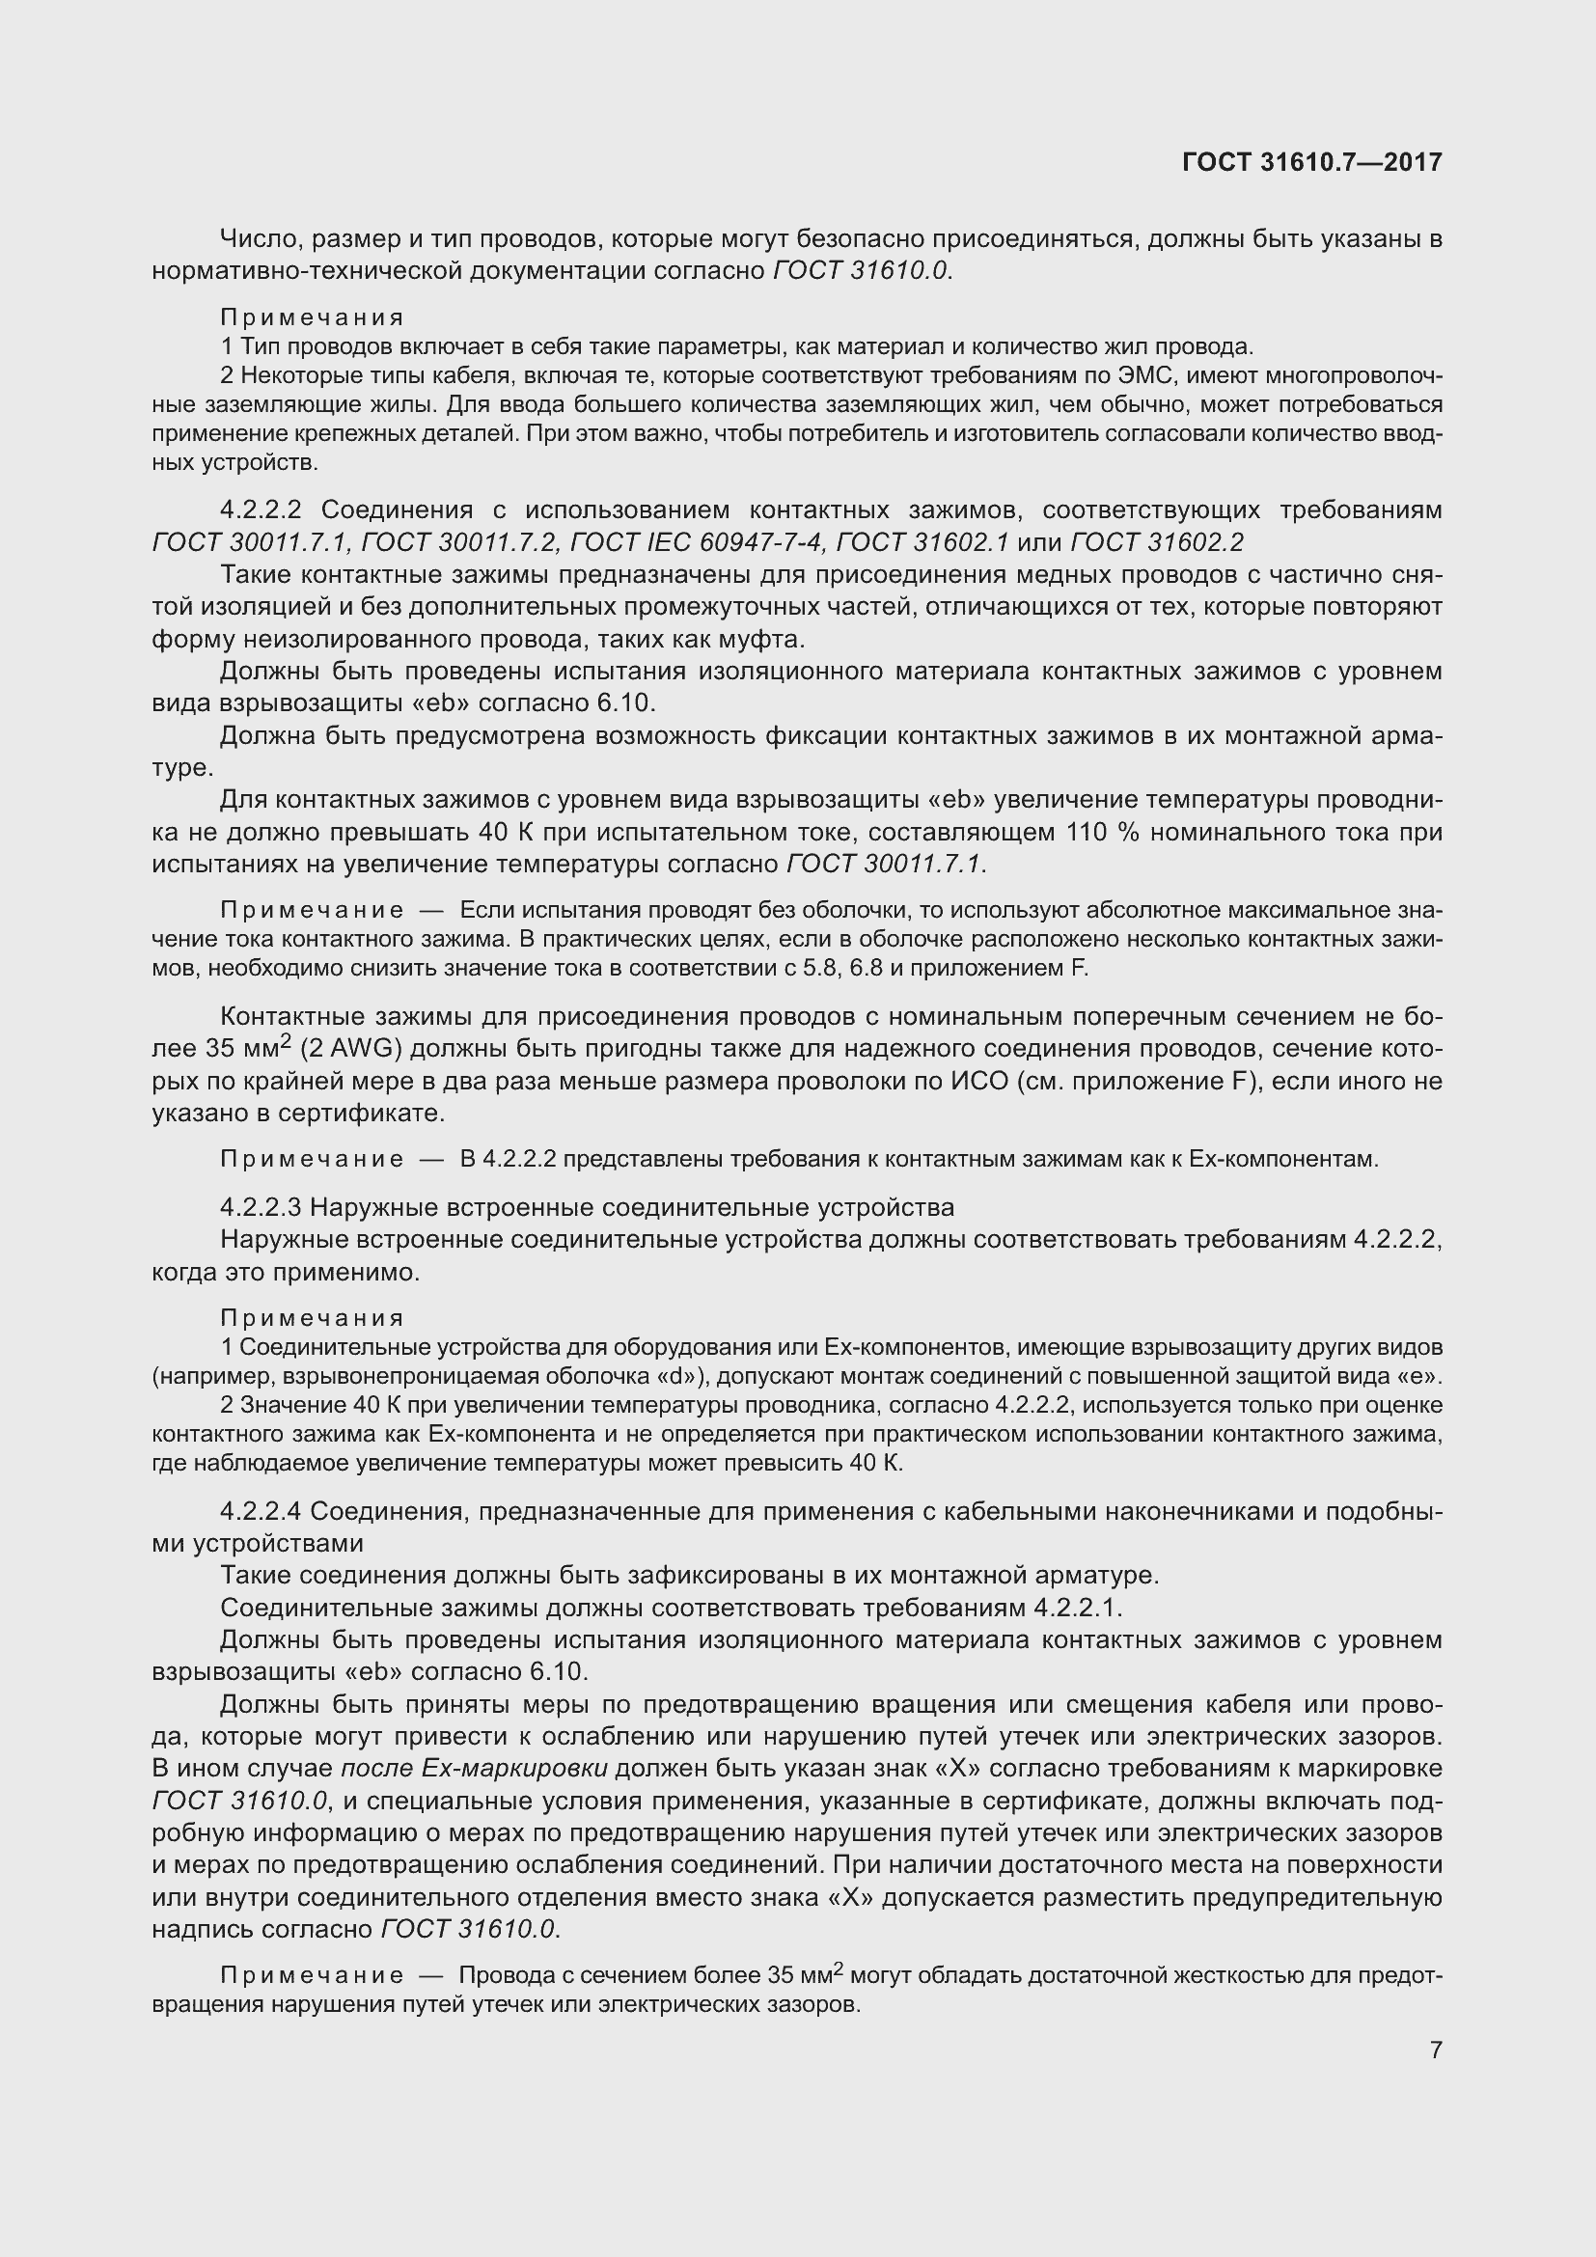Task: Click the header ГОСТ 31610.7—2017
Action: [x=1312, y=162]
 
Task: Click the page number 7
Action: [x=1436, y=2050]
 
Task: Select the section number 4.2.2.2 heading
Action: [x=260, y=510]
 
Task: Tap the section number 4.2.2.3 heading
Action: [x=260, y=1206]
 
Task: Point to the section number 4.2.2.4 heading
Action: [x=260, y=1511]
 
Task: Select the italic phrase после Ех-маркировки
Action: [x=474, y=1769]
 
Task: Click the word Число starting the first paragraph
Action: [x=254, y=239]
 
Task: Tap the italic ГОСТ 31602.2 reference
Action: [x=1156, y=542]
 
